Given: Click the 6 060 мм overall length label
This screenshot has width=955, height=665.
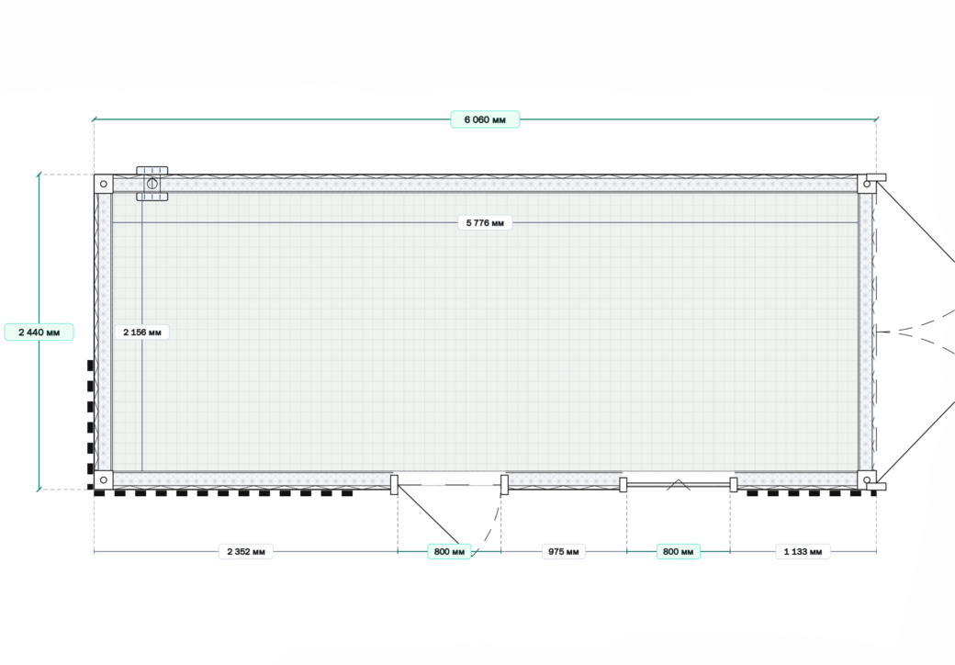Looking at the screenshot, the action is [x=485, y=119].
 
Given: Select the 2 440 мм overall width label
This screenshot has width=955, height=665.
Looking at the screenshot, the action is [x=39, y=332].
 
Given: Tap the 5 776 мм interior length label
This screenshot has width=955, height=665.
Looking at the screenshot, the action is [x=485, y=223].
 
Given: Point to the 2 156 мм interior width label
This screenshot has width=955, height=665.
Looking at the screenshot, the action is [x=142, y=332].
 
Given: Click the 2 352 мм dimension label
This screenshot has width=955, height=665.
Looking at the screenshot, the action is [x=246, y=552].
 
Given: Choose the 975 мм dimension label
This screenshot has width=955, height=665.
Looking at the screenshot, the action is [x=564, y=552].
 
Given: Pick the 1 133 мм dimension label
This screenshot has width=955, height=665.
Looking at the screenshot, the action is [x=803, y=552].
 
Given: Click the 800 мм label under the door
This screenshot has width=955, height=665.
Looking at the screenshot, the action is [x=449, y=552].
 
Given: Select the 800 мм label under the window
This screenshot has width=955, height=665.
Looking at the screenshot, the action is [x=678, y=552].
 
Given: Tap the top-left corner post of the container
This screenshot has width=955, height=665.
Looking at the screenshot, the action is [x=104, y=184].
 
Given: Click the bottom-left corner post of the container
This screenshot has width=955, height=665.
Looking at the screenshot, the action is [x=104, y=479].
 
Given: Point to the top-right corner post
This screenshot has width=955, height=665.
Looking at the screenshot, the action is [x=867, y=184].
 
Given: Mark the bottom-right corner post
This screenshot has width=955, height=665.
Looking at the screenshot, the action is [x=867, y=479].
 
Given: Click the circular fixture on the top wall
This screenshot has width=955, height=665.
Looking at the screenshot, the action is [x=152, y=184].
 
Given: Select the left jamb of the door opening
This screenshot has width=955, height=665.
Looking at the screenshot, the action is [x=394, y=485].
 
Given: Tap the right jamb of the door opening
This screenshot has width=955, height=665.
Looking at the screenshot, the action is [x=504, y=485].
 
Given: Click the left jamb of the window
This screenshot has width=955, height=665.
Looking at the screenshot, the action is [x=624, y=485].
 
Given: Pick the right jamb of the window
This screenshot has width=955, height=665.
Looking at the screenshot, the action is [x=734, y=485].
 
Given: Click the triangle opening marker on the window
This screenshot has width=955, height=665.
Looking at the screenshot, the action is [x=678, y=485].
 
